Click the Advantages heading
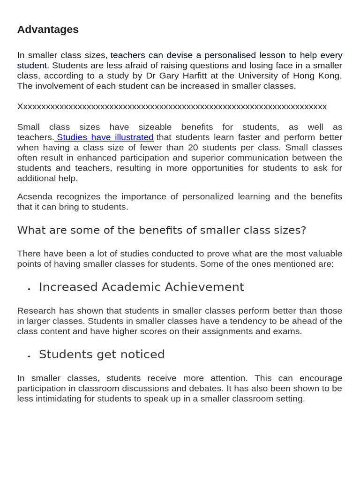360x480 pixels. point(48,30)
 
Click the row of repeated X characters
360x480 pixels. point(172,106)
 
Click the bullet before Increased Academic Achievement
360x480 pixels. point(29,289)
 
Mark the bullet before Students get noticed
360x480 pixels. point(29,357)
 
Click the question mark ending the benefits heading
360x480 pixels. point(303,231)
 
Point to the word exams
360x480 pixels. point(288,331)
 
